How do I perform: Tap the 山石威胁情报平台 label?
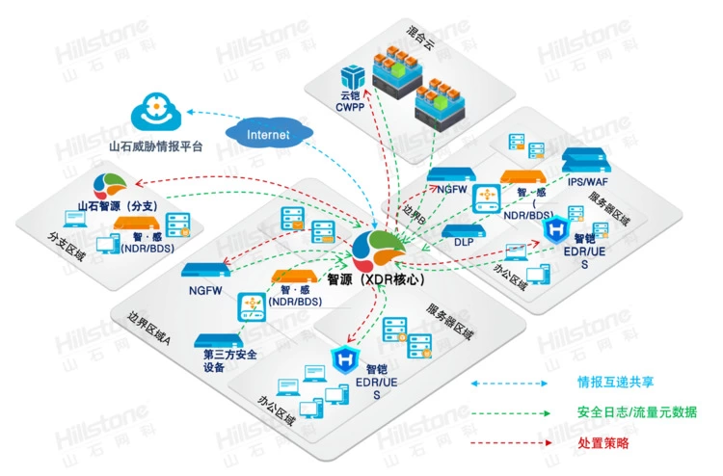coord(161,146)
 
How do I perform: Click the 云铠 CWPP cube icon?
coord(354,74)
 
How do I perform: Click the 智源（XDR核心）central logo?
coord(388,251)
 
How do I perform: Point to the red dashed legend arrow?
coord(505,442)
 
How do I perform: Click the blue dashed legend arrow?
coord(505,383)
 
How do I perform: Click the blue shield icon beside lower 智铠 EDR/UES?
coord(344,361)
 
